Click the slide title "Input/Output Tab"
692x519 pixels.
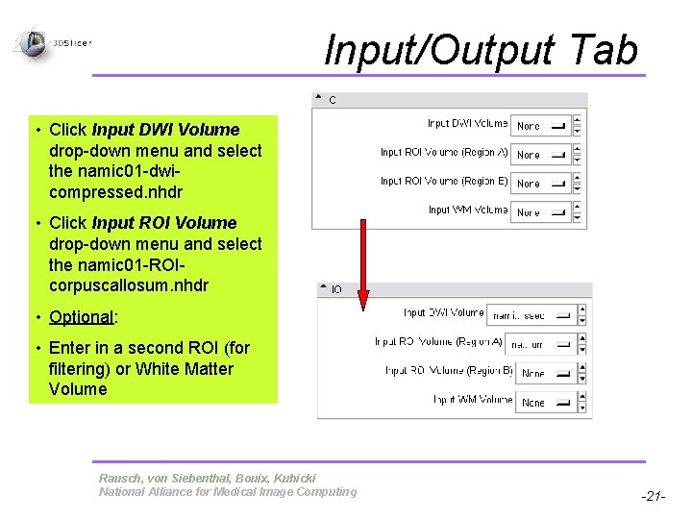point(481,50)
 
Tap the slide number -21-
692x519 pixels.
point(652,496)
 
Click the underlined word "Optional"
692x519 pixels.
point(81,317)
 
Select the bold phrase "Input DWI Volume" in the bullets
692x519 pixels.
point(165,130)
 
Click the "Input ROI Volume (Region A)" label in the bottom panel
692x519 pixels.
point(438,341)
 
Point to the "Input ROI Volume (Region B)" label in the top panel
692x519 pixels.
point(444,181)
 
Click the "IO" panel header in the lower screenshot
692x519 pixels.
point(336,289)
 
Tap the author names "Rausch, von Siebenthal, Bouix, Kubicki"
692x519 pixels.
point(207,478)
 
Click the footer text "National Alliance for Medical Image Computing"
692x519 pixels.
point(227,492)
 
